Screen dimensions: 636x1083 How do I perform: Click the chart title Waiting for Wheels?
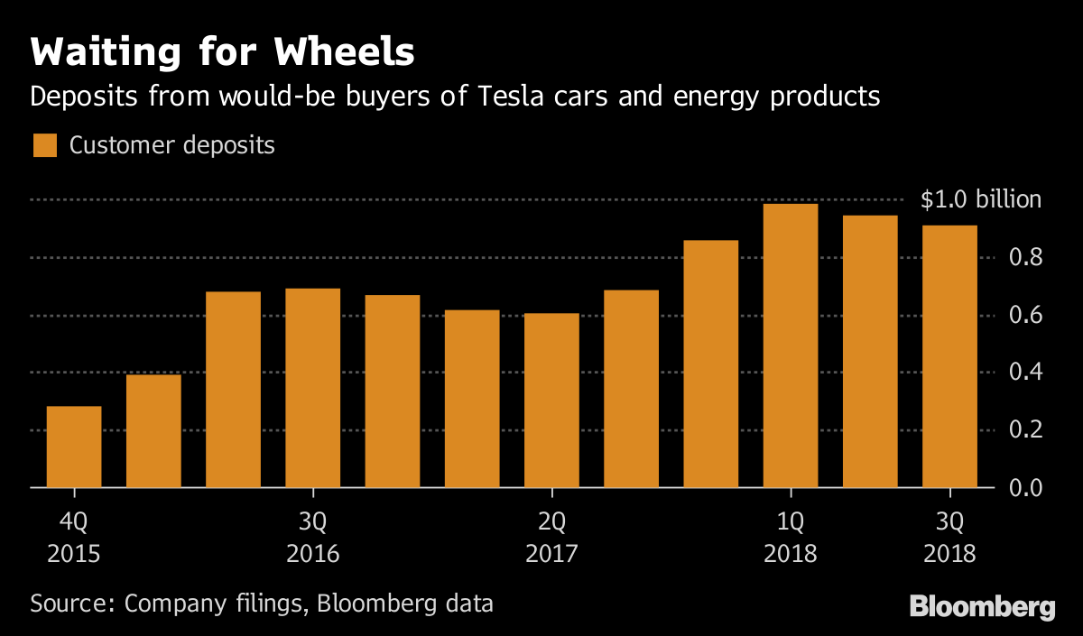point(222,52)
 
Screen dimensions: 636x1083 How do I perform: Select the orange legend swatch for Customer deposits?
point(44,145)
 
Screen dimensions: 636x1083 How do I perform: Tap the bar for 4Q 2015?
point(74,447)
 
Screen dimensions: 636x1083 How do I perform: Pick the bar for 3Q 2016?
point(312,388)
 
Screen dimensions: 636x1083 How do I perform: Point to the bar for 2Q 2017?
point(551,401)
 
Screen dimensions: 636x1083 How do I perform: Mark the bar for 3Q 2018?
point(949,356)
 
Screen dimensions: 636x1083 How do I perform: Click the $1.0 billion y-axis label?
point(980,200)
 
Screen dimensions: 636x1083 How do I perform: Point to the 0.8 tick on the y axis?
point(1024,258)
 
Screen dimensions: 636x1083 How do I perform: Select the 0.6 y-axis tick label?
point(1024,316)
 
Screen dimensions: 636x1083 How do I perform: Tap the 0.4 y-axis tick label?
point(1024,373)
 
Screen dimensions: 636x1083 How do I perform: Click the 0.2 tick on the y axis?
point(1024,430)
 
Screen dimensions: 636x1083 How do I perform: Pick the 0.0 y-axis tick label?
point(1024,488)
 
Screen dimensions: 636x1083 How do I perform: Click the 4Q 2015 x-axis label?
point(74,537)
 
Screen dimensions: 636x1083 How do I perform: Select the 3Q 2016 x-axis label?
point(312,537)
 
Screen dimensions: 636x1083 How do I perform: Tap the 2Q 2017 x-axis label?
point(551,537)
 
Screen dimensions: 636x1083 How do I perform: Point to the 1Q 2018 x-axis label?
point(791,537)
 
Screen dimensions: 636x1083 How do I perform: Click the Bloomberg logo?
point(982,606)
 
